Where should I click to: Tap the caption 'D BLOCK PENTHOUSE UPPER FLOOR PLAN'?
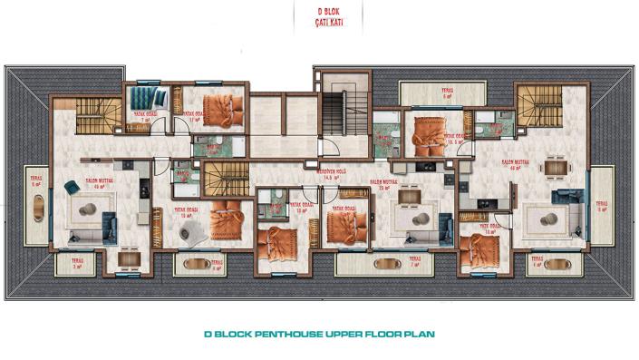point(319,334)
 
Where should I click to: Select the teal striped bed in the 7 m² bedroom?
point(141,97)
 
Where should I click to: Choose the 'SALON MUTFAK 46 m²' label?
point(518,165)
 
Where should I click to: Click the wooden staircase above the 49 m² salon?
point(90,117)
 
